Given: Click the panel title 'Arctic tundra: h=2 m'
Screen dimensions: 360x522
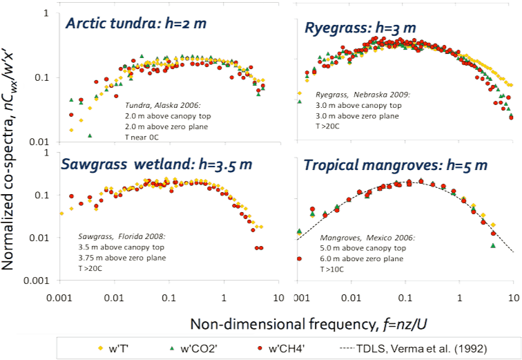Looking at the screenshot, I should tap(135, 23).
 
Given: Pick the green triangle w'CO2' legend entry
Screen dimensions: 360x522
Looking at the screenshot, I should tap(195, 345).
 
